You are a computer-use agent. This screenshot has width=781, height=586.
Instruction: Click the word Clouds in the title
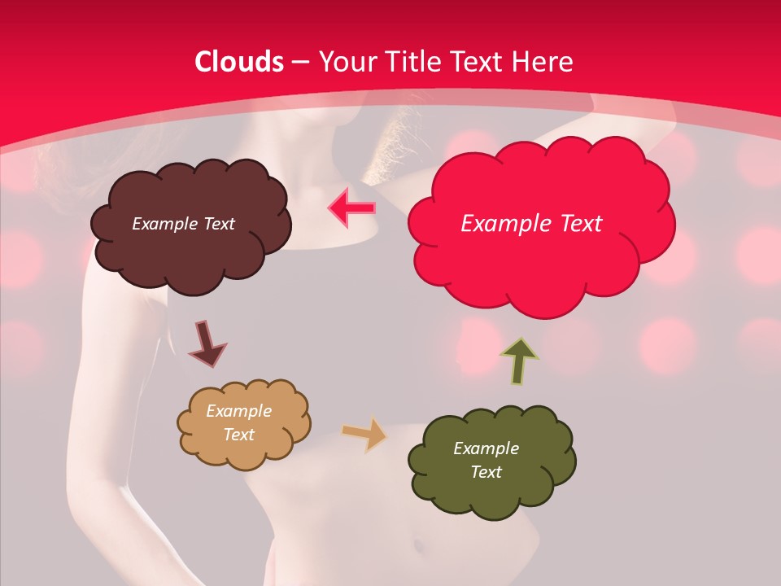239,61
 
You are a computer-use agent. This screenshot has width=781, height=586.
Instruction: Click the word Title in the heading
411,61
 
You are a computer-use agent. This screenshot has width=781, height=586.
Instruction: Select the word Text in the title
476,61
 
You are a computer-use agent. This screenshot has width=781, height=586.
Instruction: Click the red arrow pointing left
351,208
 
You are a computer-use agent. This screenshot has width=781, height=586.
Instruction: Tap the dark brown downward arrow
206,344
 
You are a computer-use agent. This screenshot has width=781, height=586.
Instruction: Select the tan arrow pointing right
364,434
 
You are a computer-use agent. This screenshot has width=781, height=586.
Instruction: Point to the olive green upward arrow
520,361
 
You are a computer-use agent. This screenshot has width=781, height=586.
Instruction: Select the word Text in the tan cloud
239,435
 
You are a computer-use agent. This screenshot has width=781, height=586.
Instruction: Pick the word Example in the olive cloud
486,448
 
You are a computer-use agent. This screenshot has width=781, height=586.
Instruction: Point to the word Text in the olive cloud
486,472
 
